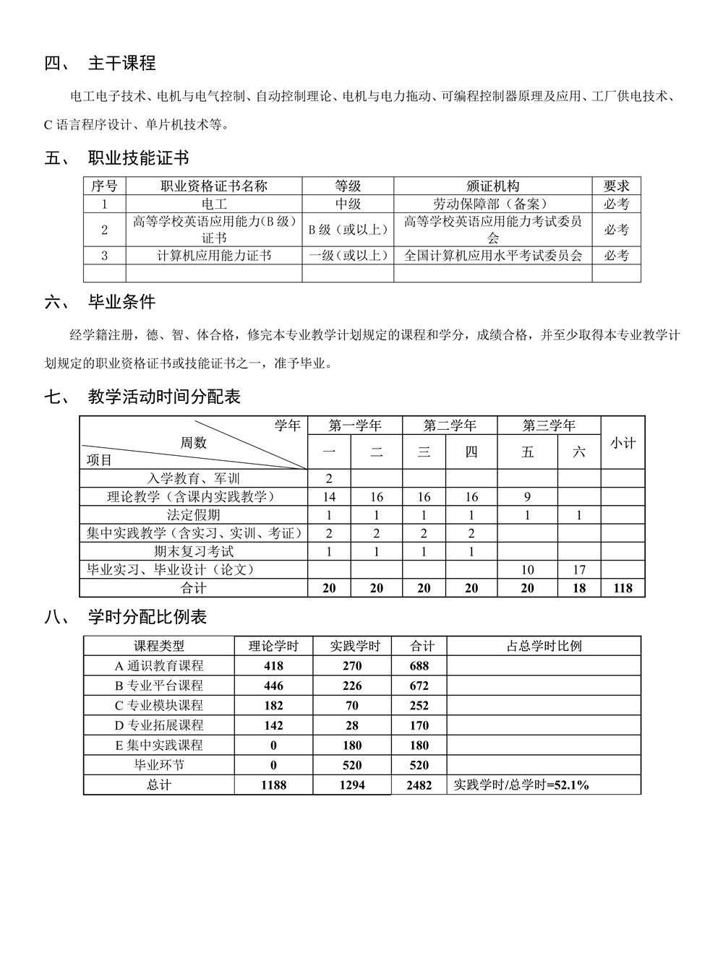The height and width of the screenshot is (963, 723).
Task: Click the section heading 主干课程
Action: click(121, 64)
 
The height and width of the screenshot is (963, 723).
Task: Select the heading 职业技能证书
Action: click(138, 157)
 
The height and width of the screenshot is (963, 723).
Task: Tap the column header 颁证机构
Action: click(492, 186)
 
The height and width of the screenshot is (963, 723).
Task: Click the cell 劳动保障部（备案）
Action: click(492, 204)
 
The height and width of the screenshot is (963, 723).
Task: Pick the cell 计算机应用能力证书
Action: click(214, 256)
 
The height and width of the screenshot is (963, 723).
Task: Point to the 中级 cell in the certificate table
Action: click(348, 204)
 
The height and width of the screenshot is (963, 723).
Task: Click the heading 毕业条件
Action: click(121, 301)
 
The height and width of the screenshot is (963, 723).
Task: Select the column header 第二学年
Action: click(449, 426)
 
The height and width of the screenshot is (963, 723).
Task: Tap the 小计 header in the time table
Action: click(622, 443)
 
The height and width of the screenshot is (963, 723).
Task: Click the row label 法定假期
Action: click(194, 515)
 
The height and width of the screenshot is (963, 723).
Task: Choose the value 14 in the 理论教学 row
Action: click(329, 496)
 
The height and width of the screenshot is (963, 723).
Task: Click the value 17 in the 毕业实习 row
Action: click(579, 570)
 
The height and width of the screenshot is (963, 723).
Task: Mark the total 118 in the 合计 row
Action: click(622, 588)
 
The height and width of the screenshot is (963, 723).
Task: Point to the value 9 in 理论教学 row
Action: click(527, 496)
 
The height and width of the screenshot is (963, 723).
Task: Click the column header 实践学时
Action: click(354, 646)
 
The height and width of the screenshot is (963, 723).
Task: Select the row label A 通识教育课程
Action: click(159, 665)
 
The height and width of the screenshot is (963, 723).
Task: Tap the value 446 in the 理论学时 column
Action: click(274, 686)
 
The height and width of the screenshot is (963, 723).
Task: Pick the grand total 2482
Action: click(419, 785)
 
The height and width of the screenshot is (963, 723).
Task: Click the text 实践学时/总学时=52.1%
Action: click(521, 785)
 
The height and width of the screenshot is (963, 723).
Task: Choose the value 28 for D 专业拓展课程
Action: click(354, 725)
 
